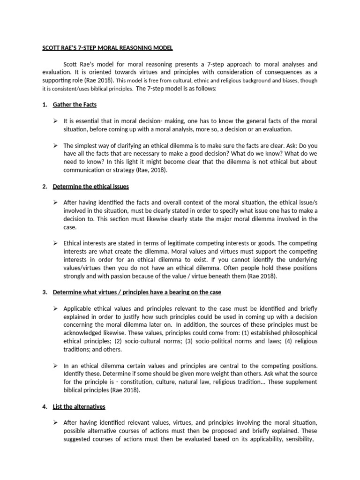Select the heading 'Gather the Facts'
click(75, 104)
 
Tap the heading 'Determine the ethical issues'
click(91, 186)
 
